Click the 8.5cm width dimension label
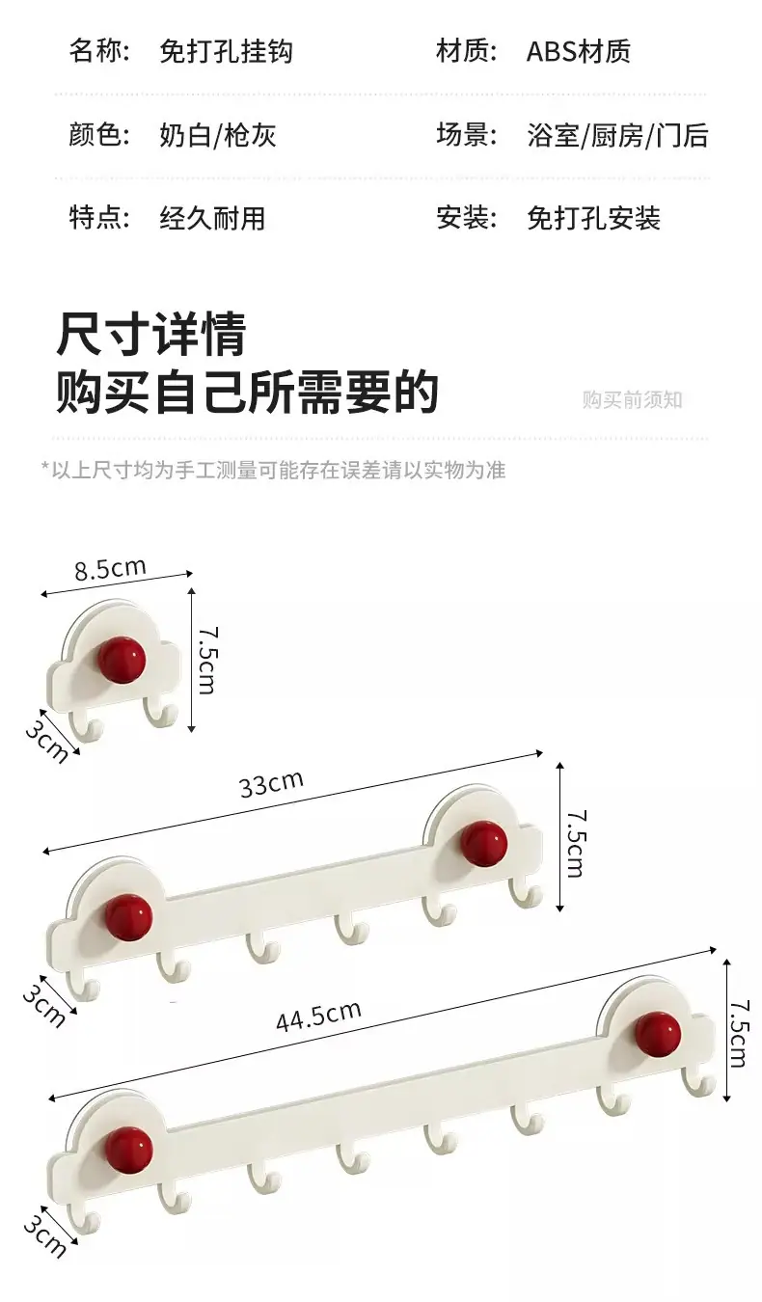pos(110,568)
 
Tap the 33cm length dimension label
pos(271,783)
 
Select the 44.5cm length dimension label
pos(318,1015)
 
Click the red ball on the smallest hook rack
pos(122,660)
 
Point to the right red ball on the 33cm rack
pos(483,844)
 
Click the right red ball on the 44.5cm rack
pos(658,1035)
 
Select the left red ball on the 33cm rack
pos(128,916)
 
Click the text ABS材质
pos(579,52)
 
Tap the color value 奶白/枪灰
pos(217,135)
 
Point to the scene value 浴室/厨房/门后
pos(618,135)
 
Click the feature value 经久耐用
pos(212,219)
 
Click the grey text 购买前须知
pos(633,400)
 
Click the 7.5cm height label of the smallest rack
pos(208,660)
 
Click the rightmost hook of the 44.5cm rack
pos(698,1082)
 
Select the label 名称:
pos(99,52)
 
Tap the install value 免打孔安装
pos(593,219)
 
